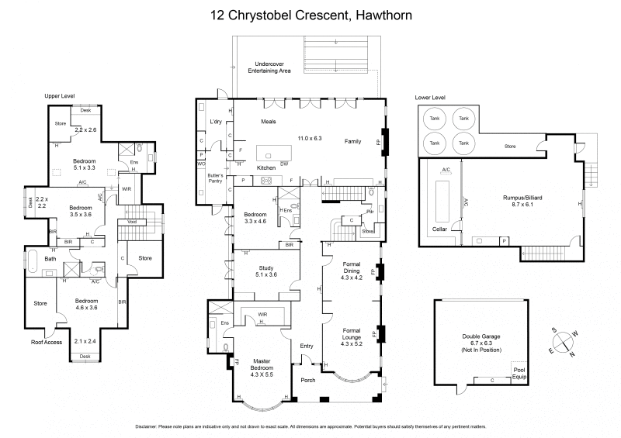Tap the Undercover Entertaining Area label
point(269,67)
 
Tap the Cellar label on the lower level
point(441,229)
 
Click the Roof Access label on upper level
point(47,342)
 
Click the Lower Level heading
point(429,98)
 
